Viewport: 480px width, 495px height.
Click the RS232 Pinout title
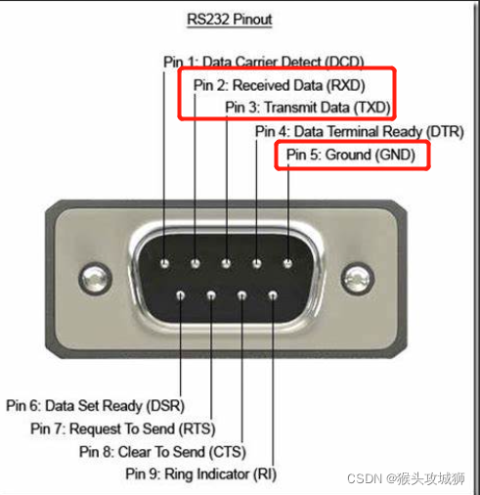point(230,20)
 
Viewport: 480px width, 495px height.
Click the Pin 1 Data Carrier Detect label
point(264,62)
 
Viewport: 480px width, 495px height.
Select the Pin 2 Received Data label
point(279,85)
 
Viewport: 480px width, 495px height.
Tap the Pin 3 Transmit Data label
point(308,108)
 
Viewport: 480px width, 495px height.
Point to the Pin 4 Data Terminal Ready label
point(360,132)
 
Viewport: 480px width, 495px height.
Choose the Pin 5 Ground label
point(351,155)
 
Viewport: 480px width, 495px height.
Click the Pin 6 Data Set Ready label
point(95,406)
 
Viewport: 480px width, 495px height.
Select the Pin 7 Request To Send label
point(123,428)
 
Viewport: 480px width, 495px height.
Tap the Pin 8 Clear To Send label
point(162,452)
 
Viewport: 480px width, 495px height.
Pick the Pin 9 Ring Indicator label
point(201,474)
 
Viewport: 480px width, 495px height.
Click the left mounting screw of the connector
point(95,279)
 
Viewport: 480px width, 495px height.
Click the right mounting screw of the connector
point(358,279)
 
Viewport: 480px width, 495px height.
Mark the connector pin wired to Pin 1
point(165,263)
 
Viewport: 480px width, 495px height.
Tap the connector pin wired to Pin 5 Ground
point(287,263)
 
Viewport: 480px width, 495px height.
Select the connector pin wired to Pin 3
point(226,263)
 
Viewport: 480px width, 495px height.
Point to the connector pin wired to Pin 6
point(181,295)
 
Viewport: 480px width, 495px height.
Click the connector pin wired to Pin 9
point(273,295)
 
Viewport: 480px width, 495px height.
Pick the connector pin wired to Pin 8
point(241,295)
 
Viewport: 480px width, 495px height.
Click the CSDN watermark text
point(406,478)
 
